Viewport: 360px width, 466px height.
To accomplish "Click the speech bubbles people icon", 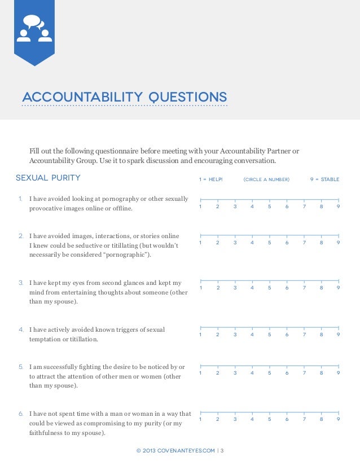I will point(34,29).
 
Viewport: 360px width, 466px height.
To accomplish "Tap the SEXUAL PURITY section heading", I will point(48,178).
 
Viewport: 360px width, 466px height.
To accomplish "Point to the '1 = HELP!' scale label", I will point(211,179).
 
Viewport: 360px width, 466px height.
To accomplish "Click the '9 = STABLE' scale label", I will point(324,179).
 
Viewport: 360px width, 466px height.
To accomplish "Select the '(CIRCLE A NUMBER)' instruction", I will point(266,179).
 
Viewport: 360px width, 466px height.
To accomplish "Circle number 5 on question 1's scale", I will point(269,206).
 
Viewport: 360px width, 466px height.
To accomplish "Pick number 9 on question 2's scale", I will point(338,243).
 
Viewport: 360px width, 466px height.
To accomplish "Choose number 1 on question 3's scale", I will point(200,288).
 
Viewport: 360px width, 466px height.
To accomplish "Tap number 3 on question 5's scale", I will point(235,372).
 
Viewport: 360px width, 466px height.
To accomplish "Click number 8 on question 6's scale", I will point(321,419).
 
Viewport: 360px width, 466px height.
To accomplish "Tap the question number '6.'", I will point(20,414).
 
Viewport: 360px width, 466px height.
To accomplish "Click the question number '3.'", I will point(20,283).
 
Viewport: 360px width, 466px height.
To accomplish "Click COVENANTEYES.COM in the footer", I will point(186,450).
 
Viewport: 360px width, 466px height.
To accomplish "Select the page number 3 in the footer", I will point(222,450).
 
